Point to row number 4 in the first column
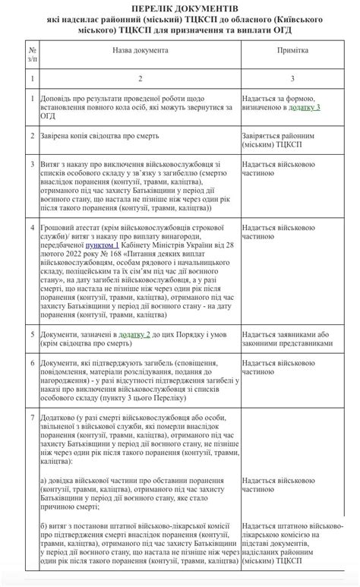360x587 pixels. pyautogui.click(x=31, y=226)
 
